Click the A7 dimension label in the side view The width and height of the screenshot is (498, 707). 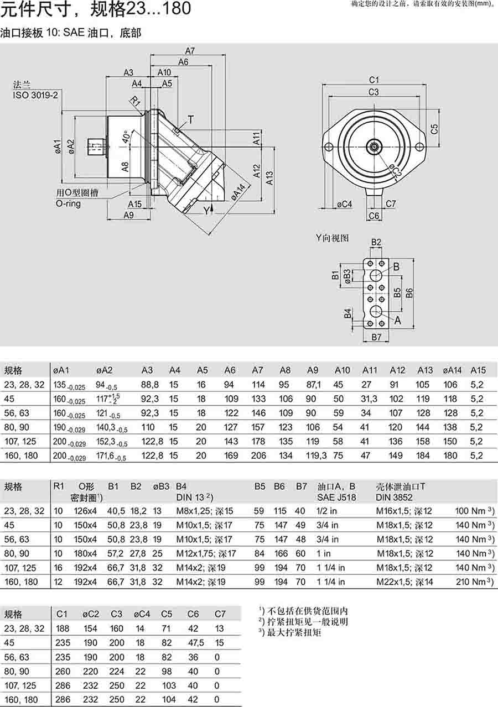pyautogui.click(x=190, y=51)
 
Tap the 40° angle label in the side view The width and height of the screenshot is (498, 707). pyautogui.click(x=126, y=137)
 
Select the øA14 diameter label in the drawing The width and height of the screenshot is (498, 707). pyautogui.click(x=238, y=192)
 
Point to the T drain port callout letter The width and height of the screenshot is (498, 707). pyautogui.click(x=191, y=119)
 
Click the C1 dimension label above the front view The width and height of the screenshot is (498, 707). pyautogui.click(x=374, y=80)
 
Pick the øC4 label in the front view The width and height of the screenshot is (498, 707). pyautogui.click(x=344, y=204)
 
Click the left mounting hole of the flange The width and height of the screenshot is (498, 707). pyautogui.click(x=329, y=147)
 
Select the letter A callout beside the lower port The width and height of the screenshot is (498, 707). pyautogui.click(x=397, y=321)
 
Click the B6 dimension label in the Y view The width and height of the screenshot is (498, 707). pyautogui.click(x=409, y=292)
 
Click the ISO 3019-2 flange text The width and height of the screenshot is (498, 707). pyautogui.click(x=35, y=95)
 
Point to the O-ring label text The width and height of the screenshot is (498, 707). pyautogui.click(x=68, y=203)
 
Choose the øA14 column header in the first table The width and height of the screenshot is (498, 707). pyautogui.click(x=452, y=370)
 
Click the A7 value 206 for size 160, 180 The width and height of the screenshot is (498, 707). pyautogui.click(x=258, y=455)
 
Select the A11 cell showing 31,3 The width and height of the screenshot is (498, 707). pyautogui.click(x=369, y=399)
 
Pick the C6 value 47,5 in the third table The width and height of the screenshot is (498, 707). pyautogui.click(x=195, y=643)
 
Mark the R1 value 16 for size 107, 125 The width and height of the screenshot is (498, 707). pyautogui.click(x=58, y=568)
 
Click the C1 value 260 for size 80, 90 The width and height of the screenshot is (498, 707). pyautogui.click(x=63, y=671)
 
